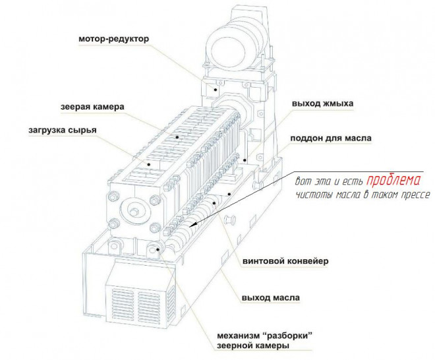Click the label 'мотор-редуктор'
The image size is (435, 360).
point(114,39)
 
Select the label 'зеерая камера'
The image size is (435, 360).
point(92,107)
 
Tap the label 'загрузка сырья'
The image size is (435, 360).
point(63,130)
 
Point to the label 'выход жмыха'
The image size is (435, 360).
point(322,104)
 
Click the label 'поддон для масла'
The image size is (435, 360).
point(331,138)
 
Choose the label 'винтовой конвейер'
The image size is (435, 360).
point(285,261)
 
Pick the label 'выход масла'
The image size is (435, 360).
point(271,298)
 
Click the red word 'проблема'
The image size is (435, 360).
point(393,181)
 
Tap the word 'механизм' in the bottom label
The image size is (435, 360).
point(237,336)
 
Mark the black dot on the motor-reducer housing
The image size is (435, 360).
point(216,90)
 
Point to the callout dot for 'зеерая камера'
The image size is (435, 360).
point(177,137)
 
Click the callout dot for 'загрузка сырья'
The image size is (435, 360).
point(149,164)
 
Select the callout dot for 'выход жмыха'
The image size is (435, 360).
point(245,160)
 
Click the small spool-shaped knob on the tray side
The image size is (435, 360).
point(230,220)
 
